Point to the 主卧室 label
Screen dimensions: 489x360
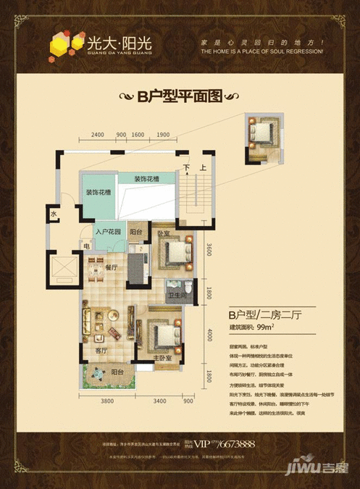tap(162, 358)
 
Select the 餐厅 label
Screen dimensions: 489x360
tap(110, 267)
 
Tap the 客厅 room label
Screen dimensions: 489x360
tap(101, 351)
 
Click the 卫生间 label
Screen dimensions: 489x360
tap(179, 296)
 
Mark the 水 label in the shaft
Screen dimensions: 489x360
tap(54, 214)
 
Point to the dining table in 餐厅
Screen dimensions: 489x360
tap(96, 273)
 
